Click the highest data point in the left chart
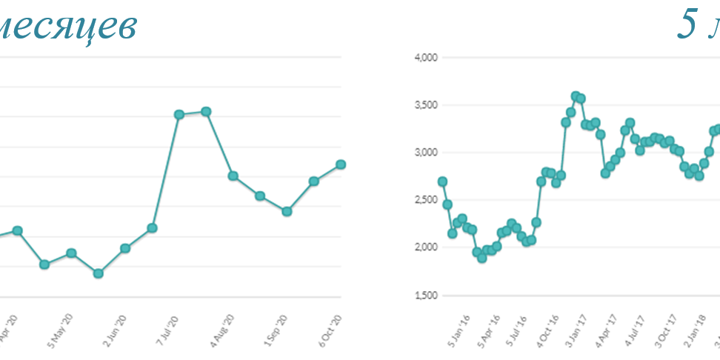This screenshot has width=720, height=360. (206, 111)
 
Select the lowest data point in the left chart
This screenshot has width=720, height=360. (98, 273)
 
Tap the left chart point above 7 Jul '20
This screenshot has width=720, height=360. (179, 114)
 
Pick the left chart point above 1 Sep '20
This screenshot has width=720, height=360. (287, 211)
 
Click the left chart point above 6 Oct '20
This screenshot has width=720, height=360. (341, 164)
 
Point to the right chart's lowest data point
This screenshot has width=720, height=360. (481, 258)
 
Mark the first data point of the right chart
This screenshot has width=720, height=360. (442, 181)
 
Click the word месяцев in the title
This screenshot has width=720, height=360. (67, 27)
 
